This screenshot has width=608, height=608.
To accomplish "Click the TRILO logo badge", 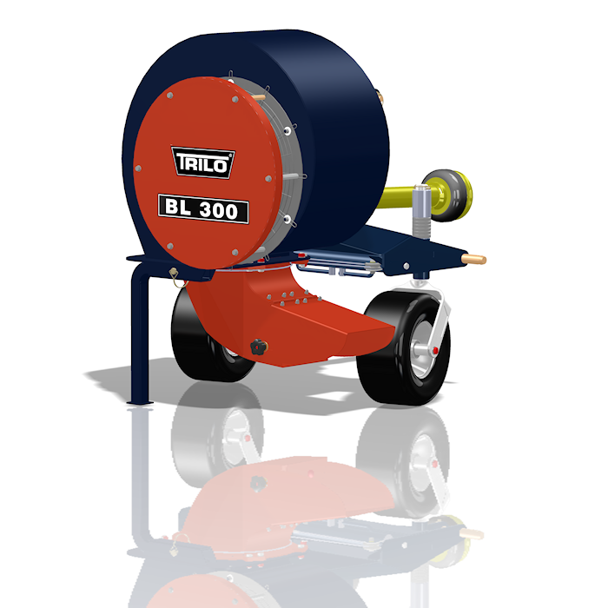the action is (202, 162).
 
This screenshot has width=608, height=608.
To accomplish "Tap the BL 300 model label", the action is (203, 208).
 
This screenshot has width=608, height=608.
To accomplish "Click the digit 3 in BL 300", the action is (207, 210).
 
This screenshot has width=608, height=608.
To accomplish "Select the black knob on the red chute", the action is (259, 347).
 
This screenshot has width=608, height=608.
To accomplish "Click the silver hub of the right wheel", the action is (420, 348).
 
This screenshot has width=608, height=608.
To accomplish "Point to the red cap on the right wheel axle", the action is (435, 351).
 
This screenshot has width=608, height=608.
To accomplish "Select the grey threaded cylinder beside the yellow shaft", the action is (421, 212).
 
